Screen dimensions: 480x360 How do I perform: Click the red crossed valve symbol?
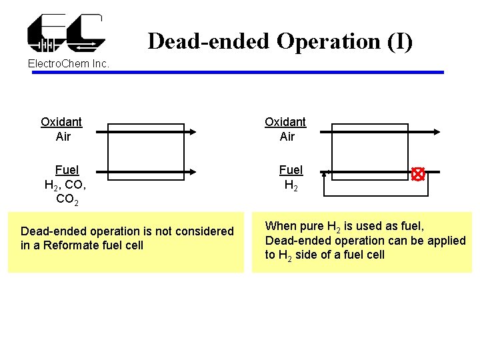(x=418, y=175)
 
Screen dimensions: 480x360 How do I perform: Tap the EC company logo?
(x=65, y=33)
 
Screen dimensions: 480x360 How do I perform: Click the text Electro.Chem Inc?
(x=69, y=64)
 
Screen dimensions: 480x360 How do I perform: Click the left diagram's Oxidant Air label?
(x=61, y=129)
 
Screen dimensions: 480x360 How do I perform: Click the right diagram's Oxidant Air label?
(x=285, y=129)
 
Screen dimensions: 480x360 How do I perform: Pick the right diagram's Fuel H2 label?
(x=291, y=177)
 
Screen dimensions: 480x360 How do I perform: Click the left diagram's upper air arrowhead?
(x=192, y=132)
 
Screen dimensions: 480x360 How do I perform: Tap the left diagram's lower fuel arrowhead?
(x=192, y=171)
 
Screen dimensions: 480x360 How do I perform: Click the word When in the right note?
(x=280, y=227)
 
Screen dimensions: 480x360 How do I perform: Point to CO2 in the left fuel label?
(x=66, y=199)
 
